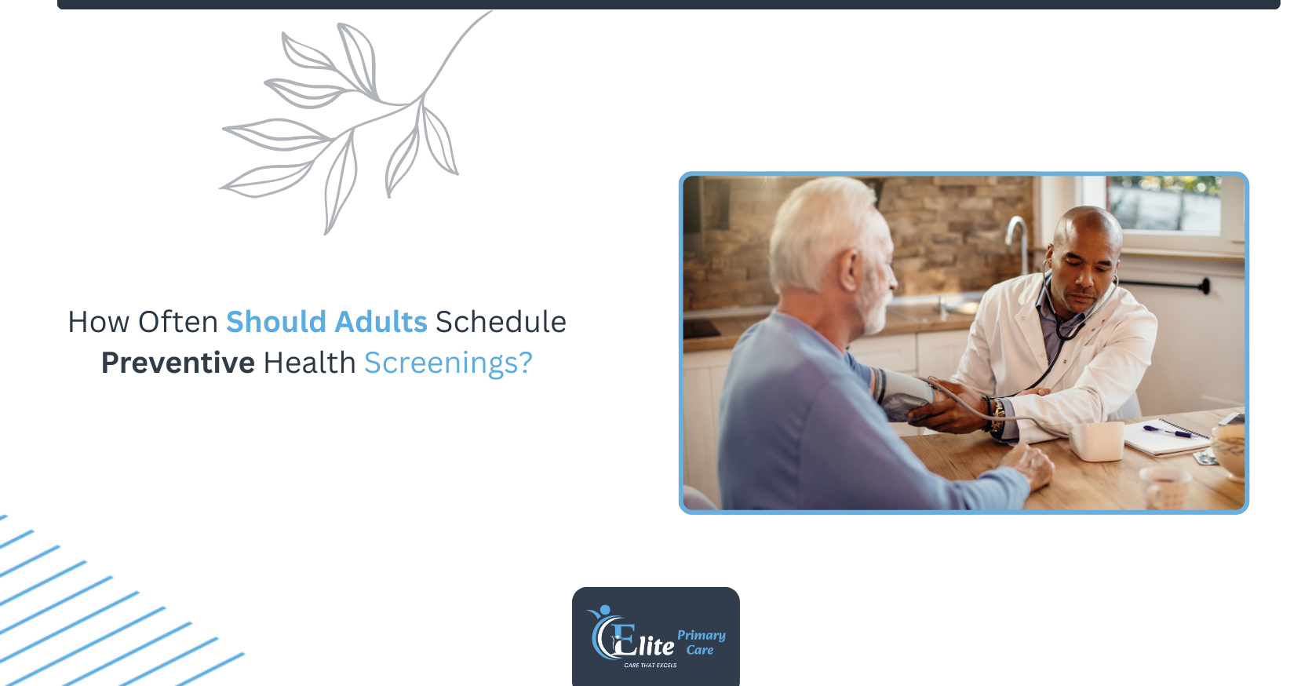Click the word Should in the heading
[276, 322]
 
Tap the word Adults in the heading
[381, 322]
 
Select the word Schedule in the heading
[501, 322]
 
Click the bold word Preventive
[178, 363]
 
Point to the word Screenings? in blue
[448, 363]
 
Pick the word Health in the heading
[309, 363]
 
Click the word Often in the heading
[177, 322]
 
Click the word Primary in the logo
[701, 636]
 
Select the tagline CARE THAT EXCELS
[651, 665]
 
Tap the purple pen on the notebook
[1167, 432]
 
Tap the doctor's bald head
[1087, 228]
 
